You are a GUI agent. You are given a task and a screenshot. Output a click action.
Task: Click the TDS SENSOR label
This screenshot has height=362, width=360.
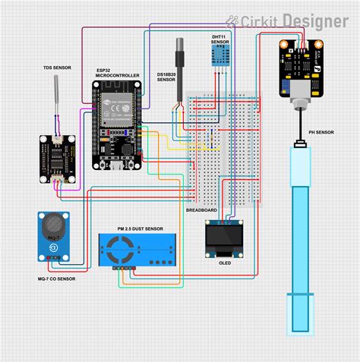[56, 68]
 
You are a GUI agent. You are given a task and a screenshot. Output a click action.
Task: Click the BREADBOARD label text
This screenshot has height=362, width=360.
[202, 209]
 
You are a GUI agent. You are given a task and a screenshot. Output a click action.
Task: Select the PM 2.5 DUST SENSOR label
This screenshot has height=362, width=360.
[140, 228]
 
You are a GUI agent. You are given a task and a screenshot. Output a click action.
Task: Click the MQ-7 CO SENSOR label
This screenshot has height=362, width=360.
[56, 279]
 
